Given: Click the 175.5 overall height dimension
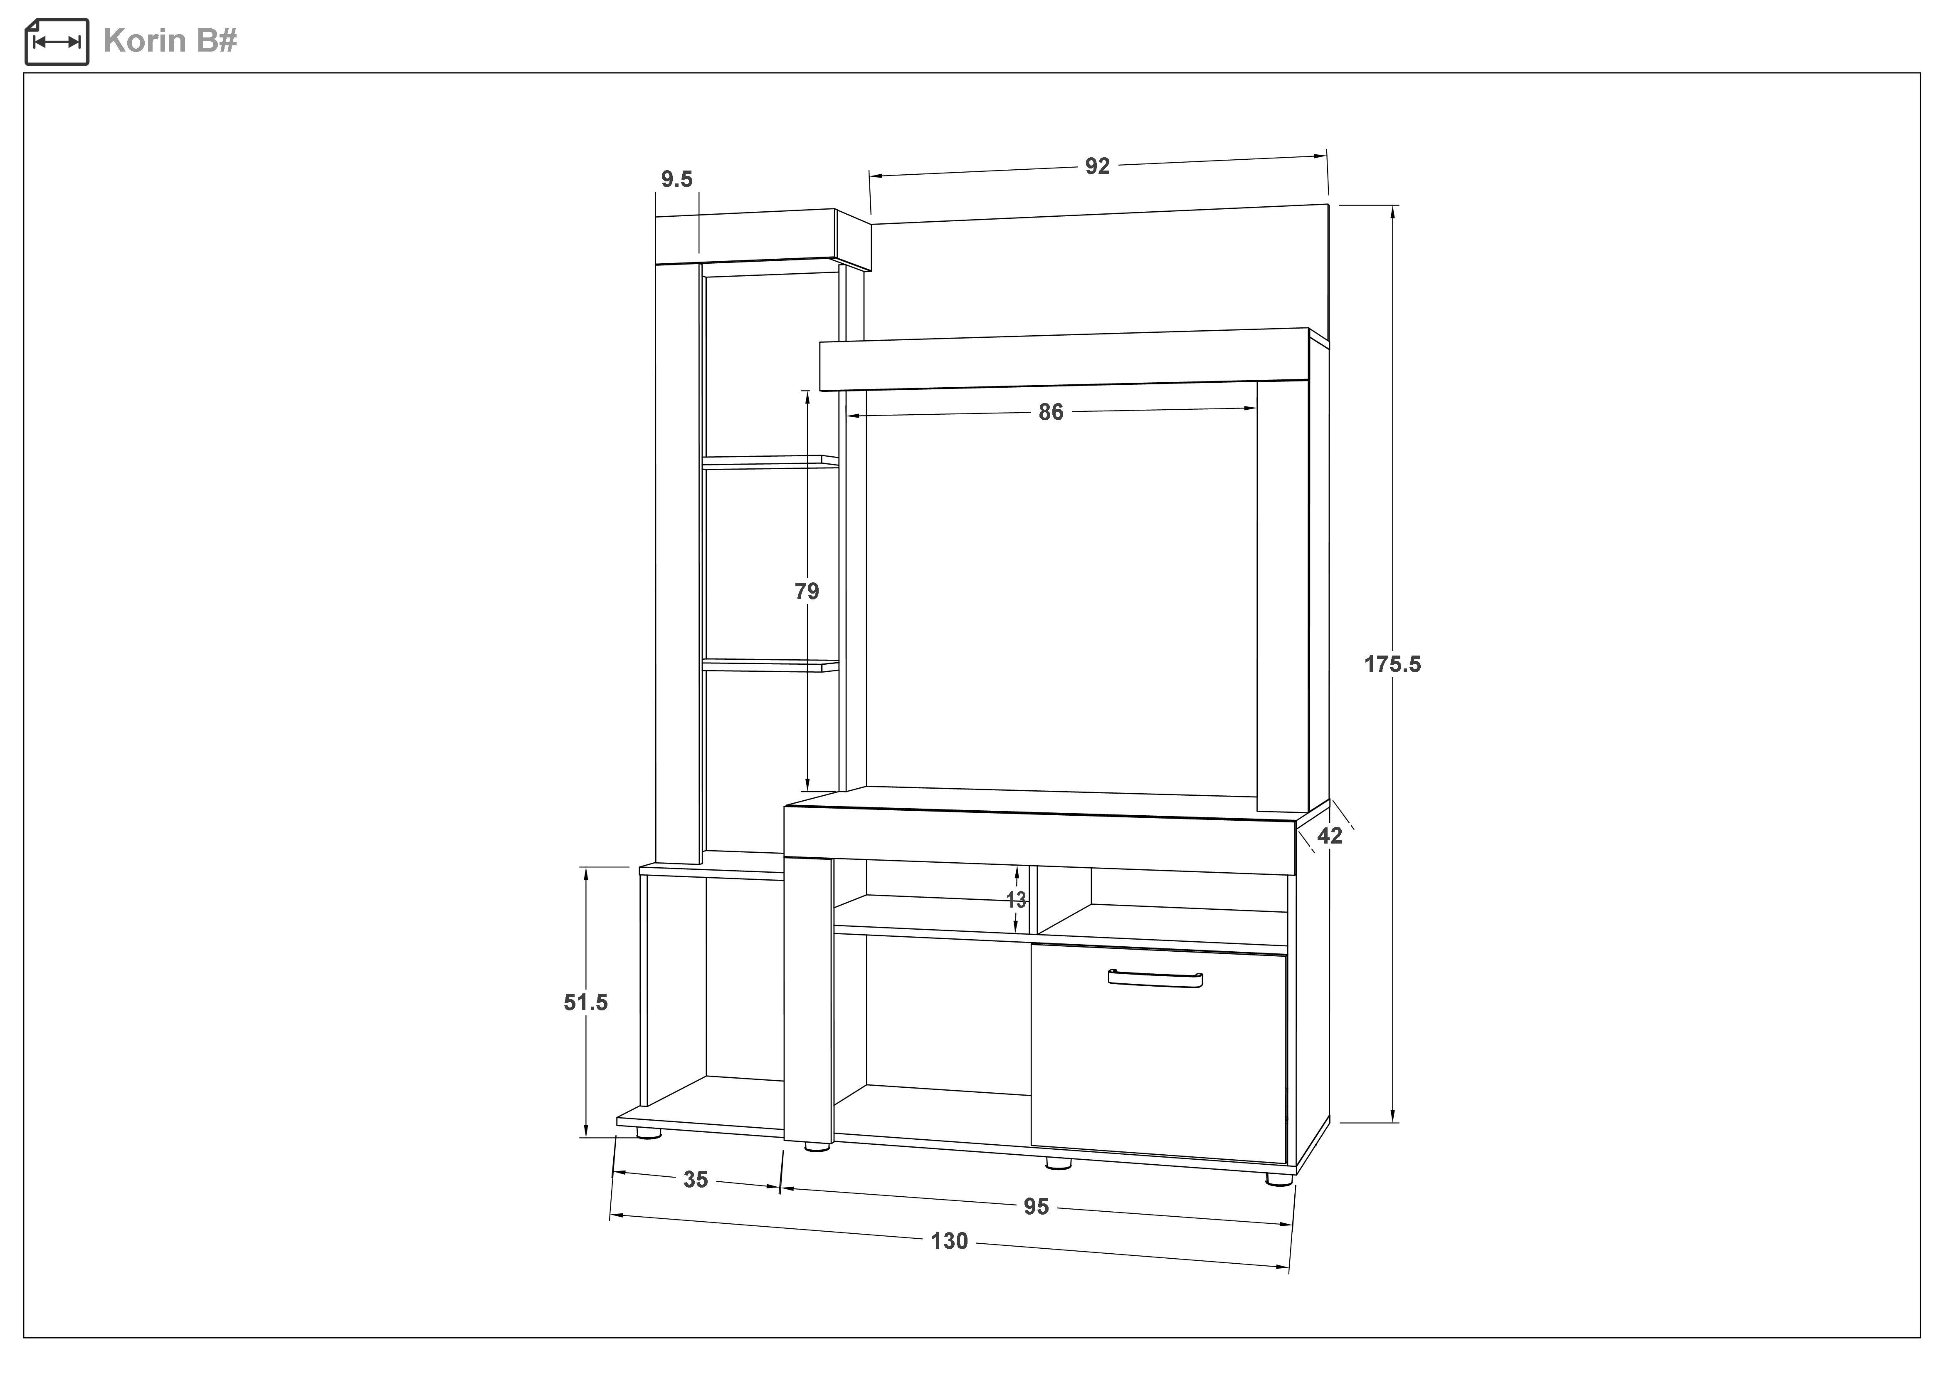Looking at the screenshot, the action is tap(1392, 664).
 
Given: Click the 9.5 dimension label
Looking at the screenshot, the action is tap(677, 180).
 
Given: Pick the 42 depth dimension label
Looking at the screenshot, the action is tap(1329, 836).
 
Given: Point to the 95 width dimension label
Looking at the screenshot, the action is tap(1036, 1207).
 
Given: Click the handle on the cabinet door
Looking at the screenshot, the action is tap(1155, 978).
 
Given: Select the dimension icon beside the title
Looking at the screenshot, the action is tap(57, 42).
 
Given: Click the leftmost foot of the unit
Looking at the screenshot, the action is tap(649, 1133).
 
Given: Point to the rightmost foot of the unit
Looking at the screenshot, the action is tap(1280, 1178).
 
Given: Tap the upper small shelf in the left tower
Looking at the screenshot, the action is tap(770, 462).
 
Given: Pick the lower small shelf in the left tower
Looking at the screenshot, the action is tap(770, 666).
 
